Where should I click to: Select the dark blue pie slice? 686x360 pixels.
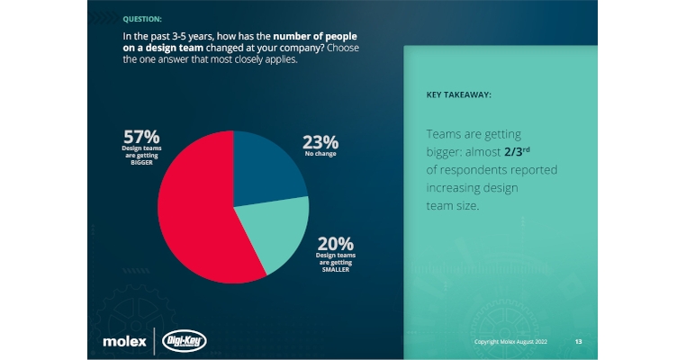tap(266, 166)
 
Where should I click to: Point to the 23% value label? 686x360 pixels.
tap(320, 141)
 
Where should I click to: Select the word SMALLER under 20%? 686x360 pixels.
tap(335, 269)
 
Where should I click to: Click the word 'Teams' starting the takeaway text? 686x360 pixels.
tap(444, 134)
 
